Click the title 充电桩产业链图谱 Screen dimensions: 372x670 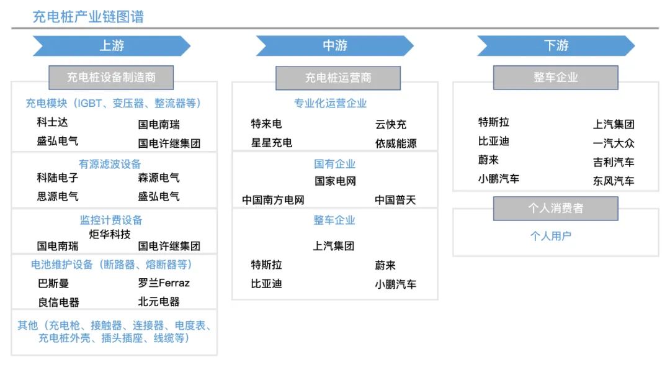coord(88,17)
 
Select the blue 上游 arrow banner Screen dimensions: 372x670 coord(112,46)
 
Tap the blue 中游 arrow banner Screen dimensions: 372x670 coord(334,46)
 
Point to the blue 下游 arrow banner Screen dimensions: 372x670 coord(556,46)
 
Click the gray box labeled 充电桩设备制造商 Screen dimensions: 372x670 coord(111,78)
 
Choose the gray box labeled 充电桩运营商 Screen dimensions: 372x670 coord(338,78)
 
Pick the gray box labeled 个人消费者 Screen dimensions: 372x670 coord(556,208)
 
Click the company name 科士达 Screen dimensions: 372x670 coord(52,123)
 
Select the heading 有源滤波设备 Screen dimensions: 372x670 coord(110,164)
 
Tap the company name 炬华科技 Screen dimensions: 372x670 coord(110,234)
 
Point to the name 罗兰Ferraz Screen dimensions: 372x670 coord(164,283)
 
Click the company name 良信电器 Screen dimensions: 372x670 coord(58,302)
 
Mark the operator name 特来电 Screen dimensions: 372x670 coord(266,124)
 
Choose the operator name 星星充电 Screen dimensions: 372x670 coord(271,143)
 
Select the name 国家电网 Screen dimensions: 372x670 coord(335,181)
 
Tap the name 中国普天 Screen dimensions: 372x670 coord(395,200)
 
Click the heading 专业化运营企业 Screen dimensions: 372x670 coord(330,103)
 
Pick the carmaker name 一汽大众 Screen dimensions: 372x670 coord(614,143)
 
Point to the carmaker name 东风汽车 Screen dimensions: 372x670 coord(614,181)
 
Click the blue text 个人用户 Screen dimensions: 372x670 coord(550,236)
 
